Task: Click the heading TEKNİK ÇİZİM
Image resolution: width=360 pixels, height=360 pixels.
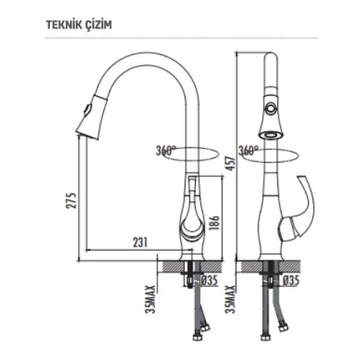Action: click(x=79, y=25)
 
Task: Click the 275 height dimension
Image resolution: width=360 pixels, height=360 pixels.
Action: click(x=71, y=200)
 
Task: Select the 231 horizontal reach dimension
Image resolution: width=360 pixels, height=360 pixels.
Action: click(x=140, y=242)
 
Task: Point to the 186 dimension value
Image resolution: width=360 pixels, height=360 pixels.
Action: click(x=214, y=222)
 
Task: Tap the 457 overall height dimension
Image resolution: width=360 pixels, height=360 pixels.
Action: click(x=230, y=163)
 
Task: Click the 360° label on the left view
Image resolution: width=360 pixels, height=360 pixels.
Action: click(x=166, y=151)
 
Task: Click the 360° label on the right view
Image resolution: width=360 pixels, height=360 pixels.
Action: click(x=248, y=151)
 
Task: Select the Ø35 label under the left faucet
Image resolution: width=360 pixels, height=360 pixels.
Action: click(x=209, y=280)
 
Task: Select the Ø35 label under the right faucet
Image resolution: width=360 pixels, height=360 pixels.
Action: click(x=290, y=280)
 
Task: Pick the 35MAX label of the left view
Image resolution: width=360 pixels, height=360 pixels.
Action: click(x=151, y=299)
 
